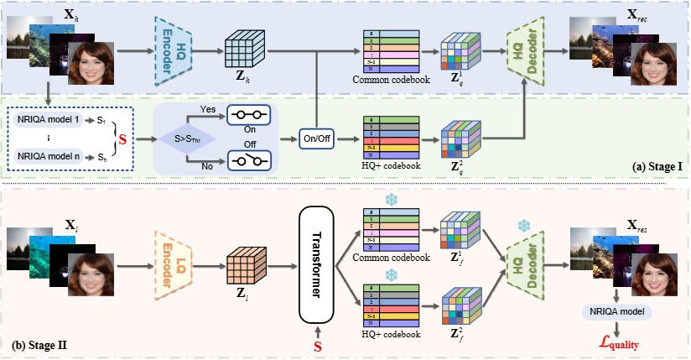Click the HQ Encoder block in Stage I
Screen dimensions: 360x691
[x=174, y=49]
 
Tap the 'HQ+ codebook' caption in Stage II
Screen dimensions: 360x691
[x=392, y=333]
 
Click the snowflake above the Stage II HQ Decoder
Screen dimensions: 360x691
[x=523, y=227]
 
